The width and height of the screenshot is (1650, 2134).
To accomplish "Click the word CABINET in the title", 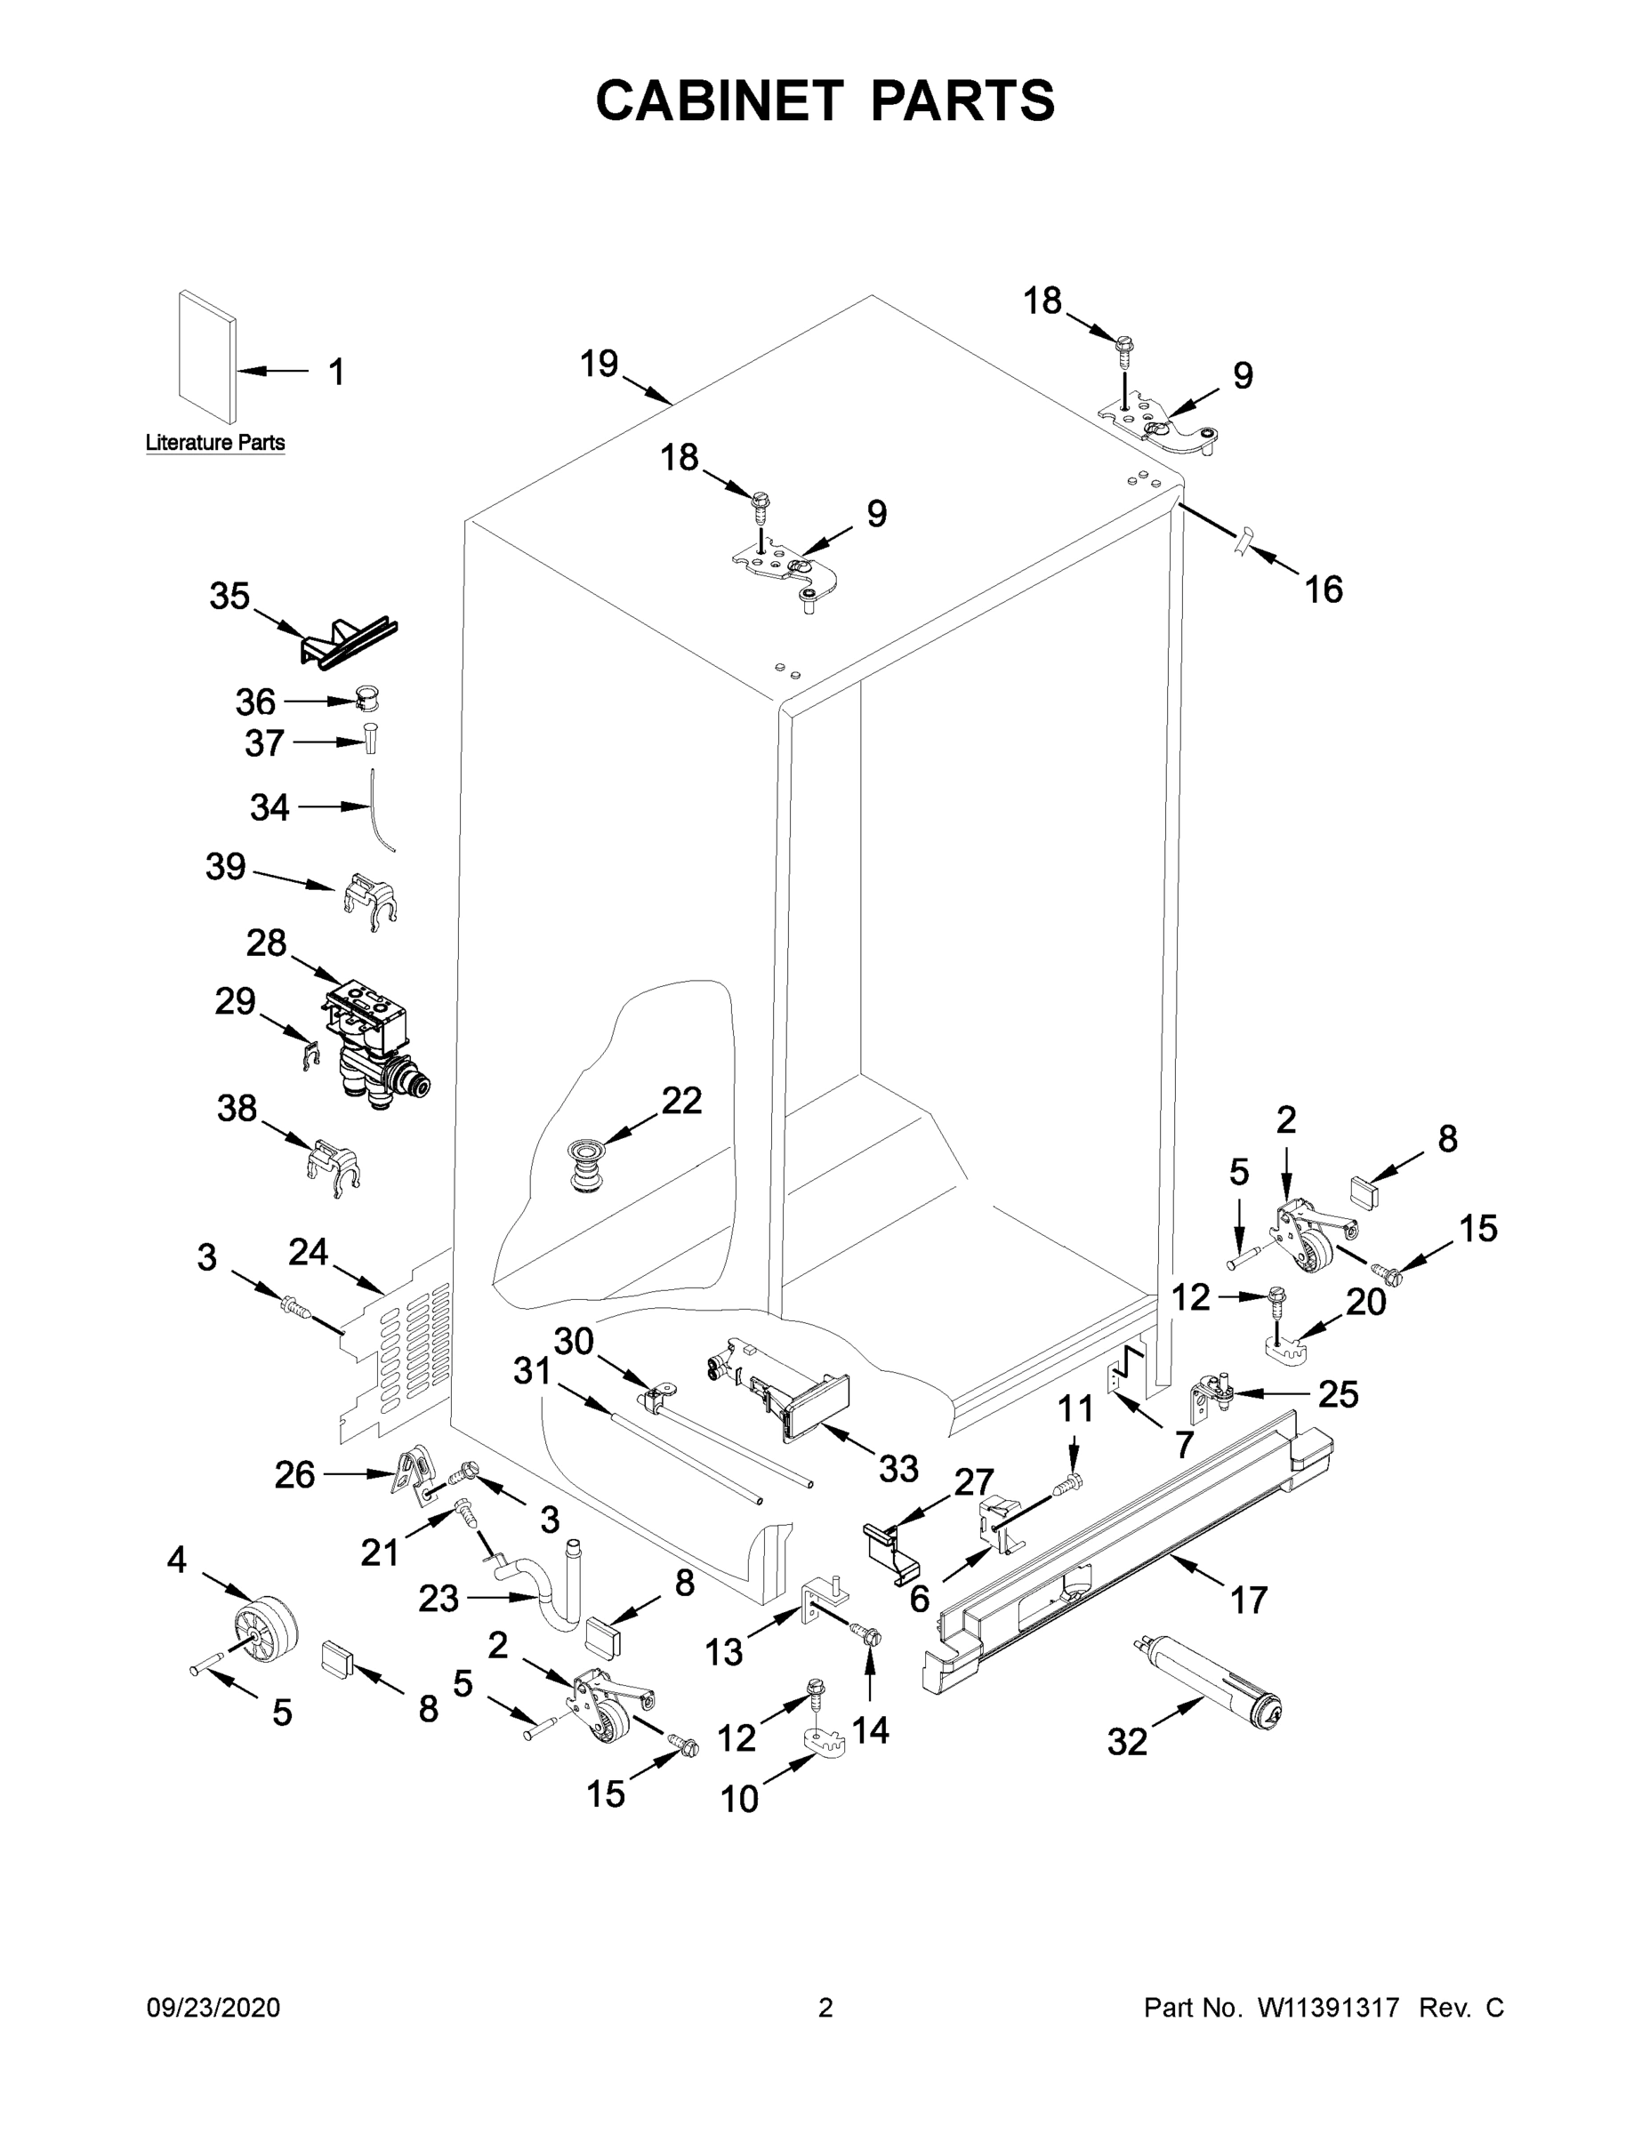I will click(720, 100).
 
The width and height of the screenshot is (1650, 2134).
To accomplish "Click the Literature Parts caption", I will click(215, 443).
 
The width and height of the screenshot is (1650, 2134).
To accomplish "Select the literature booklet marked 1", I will click(206, 358).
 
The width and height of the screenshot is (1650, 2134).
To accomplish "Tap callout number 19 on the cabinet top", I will click(600, 364).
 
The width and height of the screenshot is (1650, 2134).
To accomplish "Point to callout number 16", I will click(1324, 590).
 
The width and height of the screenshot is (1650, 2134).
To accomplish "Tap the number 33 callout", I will click(898, 1469).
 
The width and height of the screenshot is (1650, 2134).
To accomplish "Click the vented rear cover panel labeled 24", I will click(401, 1353).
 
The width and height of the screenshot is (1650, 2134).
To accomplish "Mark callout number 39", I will click(225, 867).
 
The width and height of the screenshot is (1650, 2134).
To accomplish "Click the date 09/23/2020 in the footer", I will click(213, 2008).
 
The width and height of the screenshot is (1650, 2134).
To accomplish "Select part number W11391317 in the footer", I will click(1328, 2008).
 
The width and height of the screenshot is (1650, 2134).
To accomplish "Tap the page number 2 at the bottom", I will click(825, 2008).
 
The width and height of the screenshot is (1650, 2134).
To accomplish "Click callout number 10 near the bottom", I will click(739, 1799).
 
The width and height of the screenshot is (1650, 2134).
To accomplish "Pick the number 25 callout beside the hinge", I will click(1337, 1394).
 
